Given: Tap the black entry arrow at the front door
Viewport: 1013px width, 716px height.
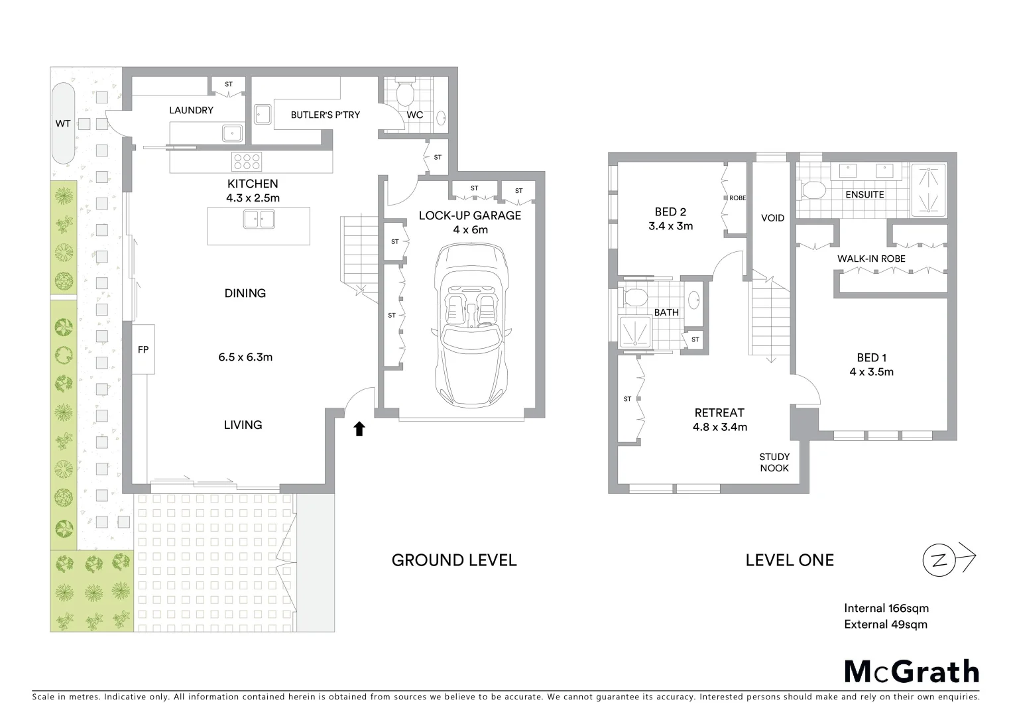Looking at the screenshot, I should coord(359,429).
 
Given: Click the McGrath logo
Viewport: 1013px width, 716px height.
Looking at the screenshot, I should coord(911,672).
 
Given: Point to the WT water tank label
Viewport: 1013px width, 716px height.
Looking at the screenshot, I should coord(63,123).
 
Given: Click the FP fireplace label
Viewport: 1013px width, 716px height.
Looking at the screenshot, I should coord(143,349).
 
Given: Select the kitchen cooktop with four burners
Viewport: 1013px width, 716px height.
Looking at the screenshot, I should coord(247,162).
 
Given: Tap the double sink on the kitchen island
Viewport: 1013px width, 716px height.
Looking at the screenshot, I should coord(259,218).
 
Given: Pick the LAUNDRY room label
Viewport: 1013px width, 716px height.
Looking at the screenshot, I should coord(191,110).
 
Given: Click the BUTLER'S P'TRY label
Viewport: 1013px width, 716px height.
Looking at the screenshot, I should coord(325,115).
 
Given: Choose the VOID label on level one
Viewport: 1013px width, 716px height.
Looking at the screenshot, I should coord(772,218).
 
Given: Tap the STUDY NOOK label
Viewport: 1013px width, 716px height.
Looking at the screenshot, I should coord(774,462).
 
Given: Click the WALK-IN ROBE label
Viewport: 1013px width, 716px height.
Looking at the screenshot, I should coord(870,259).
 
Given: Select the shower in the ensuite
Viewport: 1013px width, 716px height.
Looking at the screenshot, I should coord(930,190).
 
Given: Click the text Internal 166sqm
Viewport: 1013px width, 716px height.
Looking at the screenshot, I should coord(886,608).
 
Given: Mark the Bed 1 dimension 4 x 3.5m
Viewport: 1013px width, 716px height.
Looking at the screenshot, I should coord(871,372).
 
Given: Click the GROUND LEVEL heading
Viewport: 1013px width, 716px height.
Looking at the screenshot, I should coord(453,560).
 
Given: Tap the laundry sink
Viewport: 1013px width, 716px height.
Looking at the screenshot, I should coord(233,133).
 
